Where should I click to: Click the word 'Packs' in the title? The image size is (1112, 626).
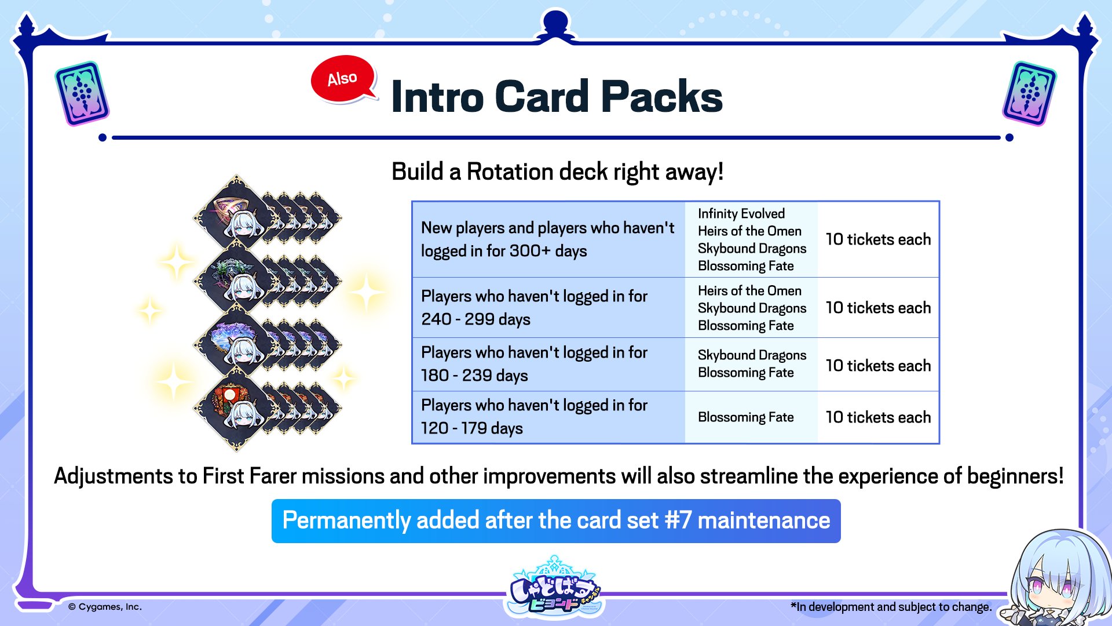pos(662,96)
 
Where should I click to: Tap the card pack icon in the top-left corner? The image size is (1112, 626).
pos(82,93)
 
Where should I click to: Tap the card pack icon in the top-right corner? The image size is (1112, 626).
pos(1029,93)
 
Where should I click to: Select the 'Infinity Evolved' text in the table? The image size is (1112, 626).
pos(741,214)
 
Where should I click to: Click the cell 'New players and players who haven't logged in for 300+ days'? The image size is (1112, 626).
pos(548,239)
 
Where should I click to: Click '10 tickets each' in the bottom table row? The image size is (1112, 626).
pos(878,417)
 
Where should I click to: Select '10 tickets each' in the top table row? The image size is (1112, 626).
pos(878,239)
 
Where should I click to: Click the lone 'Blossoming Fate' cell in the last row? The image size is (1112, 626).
pos(746,417)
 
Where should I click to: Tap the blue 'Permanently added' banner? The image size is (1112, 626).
pos(556,521)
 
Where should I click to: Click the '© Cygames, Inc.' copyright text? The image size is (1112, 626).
pos(105,607)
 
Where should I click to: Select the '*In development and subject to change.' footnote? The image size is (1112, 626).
pos(891,607)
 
